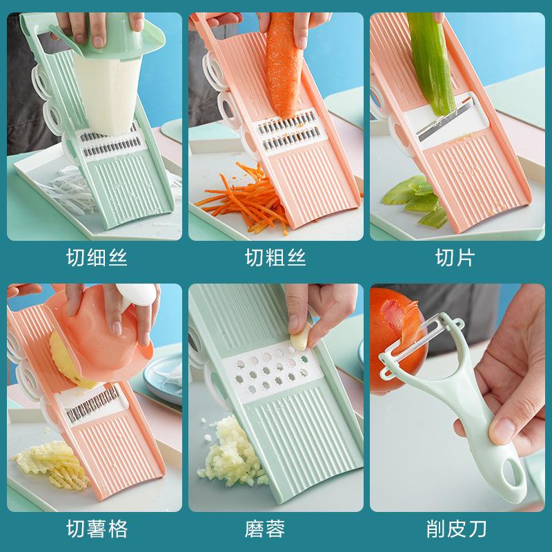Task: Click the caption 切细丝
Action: (97, 259)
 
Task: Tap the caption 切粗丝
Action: (275, 259)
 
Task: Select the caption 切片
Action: (455, 259)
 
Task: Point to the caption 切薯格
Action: (97, 529)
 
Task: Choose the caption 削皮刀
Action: (455, 529)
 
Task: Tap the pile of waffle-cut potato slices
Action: (52, 466)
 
